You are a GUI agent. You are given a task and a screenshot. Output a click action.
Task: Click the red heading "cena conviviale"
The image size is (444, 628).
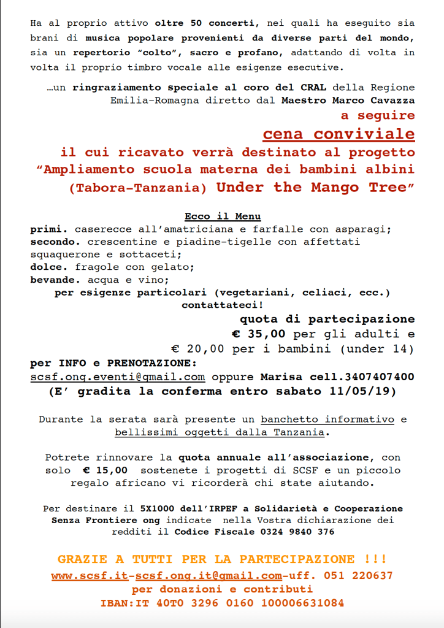tap(339, 134)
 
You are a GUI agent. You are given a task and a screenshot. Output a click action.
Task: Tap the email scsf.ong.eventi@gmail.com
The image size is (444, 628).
tap(118, 377)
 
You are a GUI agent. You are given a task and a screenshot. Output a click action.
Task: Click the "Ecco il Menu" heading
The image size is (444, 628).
tap(223, 216)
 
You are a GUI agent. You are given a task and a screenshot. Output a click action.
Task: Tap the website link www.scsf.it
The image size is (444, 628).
tap(90, 576)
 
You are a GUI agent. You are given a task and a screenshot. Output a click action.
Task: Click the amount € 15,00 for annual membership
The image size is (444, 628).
tap(105, 470)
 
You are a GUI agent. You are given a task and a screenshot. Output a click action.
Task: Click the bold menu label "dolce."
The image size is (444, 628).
tap(50, 267)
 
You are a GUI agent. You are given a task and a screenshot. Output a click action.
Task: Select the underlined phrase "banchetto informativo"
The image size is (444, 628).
tap(327, 420)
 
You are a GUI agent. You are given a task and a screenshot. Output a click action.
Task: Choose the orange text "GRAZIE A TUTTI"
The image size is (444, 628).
tap(116, 559)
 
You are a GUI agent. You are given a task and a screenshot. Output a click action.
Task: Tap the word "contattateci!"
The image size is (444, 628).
tap(222, 304)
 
